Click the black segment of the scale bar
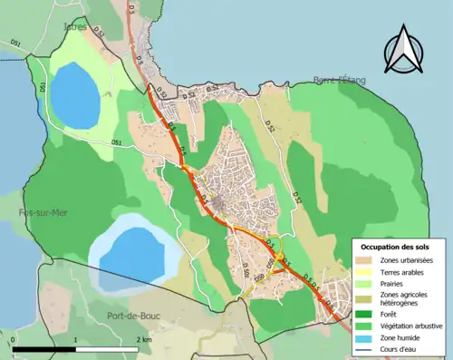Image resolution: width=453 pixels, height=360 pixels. tap(44, 349)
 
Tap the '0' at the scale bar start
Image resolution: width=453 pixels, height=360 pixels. tap(14, 339)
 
